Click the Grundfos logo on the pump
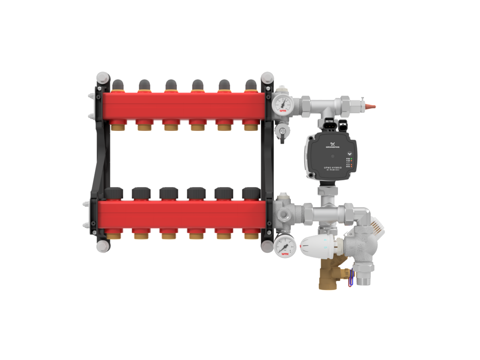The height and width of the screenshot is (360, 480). tap(332, 146)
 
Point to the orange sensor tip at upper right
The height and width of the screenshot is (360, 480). tap(372, 107)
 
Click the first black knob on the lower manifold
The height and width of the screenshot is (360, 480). tap(114, 194)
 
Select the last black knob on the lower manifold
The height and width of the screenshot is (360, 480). tap(251, 194)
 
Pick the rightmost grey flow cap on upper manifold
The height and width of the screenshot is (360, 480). tap(251, 85)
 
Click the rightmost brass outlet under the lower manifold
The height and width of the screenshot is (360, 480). tap(251, 235)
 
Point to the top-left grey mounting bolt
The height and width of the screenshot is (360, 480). tap(102, 77)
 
